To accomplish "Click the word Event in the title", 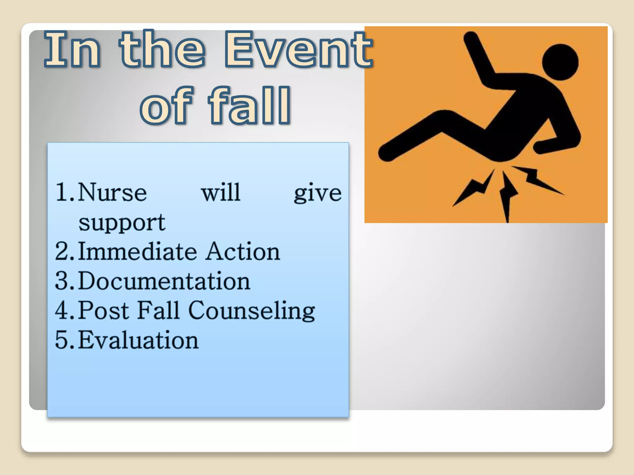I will (299, 49).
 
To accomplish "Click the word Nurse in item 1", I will (112, 192).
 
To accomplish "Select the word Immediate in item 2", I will (137, 251).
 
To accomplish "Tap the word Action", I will (243, 251).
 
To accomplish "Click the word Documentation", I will (164, 281).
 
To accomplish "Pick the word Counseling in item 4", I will (251, 310).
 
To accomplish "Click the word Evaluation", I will (138, 340).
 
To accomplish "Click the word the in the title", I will (163, 49).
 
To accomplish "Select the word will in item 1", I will (221, 192).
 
